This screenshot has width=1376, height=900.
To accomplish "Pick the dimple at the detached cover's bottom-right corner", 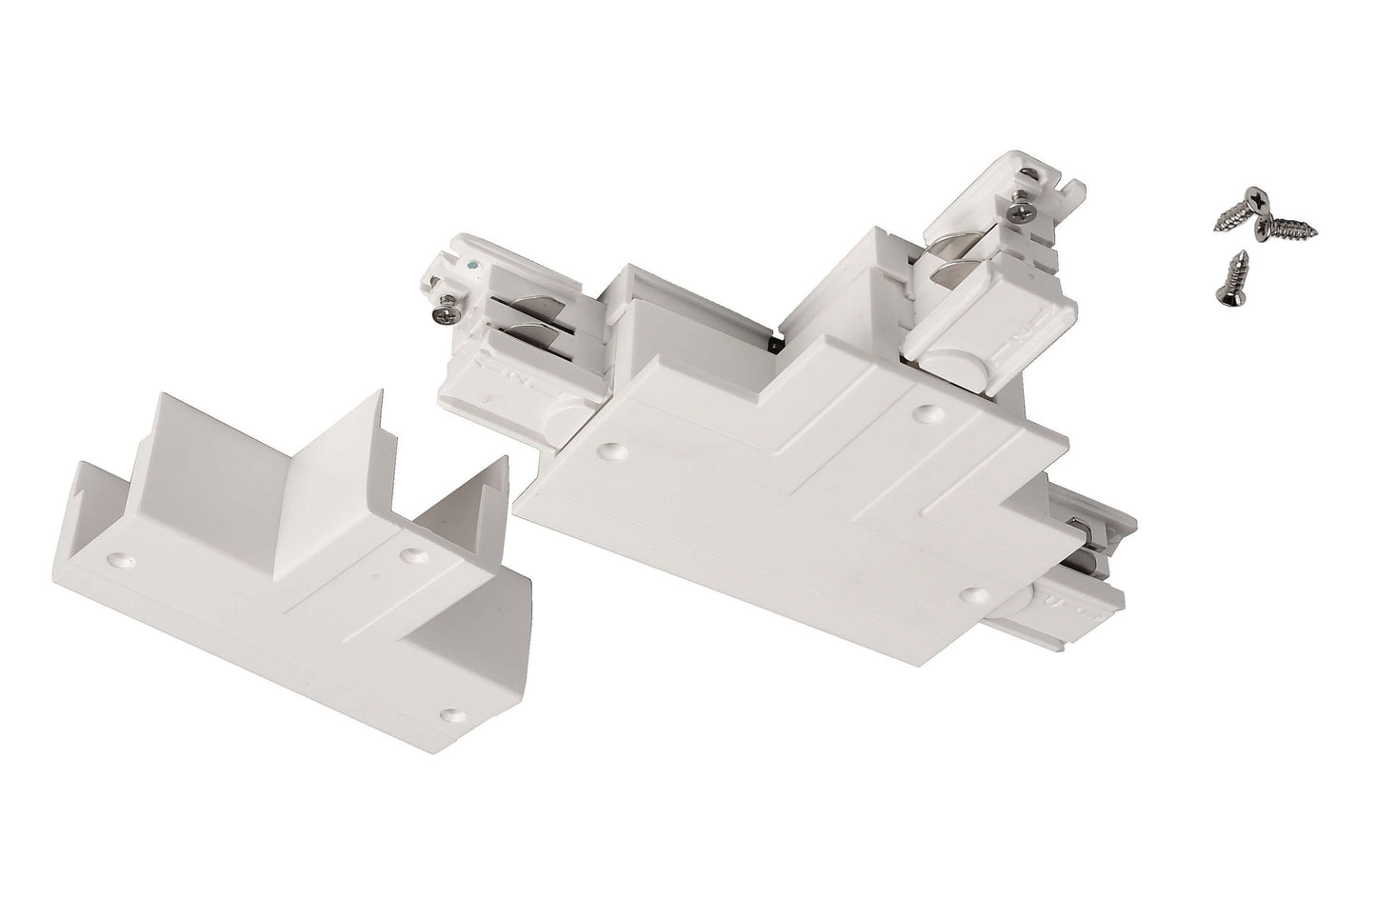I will pyautogui.click(x=450, y=711).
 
